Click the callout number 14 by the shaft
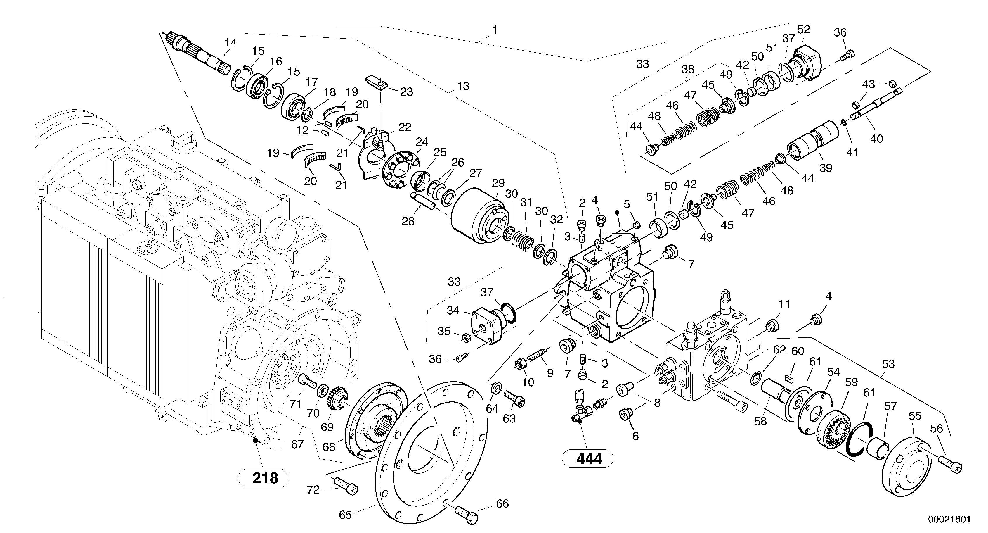tap(230, 43)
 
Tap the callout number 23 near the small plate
tap(406, 92)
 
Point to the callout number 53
tap(888, 364)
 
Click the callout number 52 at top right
tap(804, 30)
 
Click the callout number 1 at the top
tap(495, 30)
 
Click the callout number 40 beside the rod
tap(876, 139)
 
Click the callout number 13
tap(463, 86)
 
